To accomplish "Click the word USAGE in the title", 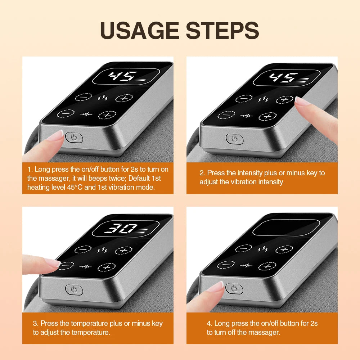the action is coord(139,30).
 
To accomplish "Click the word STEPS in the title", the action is coord(222,30).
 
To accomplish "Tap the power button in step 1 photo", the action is coord(74,138).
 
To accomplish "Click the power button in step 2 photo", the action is coord(234,139).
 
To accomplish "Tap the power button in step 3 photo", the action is coord(74,289).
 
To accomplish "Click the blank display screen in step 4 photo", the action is coord(286,227).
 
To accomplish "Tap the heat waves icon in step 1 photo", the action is coord(102,98).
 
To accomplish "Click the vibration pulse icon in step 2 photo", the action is coord(246,116).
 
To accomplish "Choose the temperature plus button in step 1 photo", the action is coord(124,98).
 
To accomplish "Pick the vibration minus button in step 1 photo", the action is coord(66,113).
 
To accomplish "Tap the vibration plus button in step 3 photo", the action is coord(107,267).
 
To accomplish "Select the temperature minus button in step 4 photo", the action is coord(244,248).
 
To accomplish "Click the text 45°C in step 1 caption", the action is coord(75,187).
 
